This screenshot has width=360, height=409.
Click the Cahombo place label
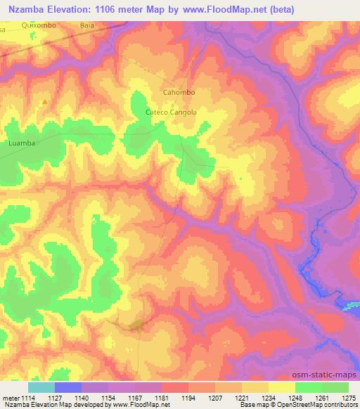click(x=178, y=92)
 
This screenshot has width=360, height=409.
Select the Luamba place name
click(x=21, y=142)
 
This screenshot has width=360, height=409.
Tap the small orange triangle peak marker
click(x=46, y=102)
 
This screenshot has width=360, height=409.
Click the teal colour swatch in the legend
click(x=41, y=387)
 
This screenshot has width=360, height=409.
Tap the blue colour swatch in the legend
click(x=68, y=387)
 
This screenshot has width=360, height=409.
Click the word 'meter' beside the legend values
click(x=11, y=397)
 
